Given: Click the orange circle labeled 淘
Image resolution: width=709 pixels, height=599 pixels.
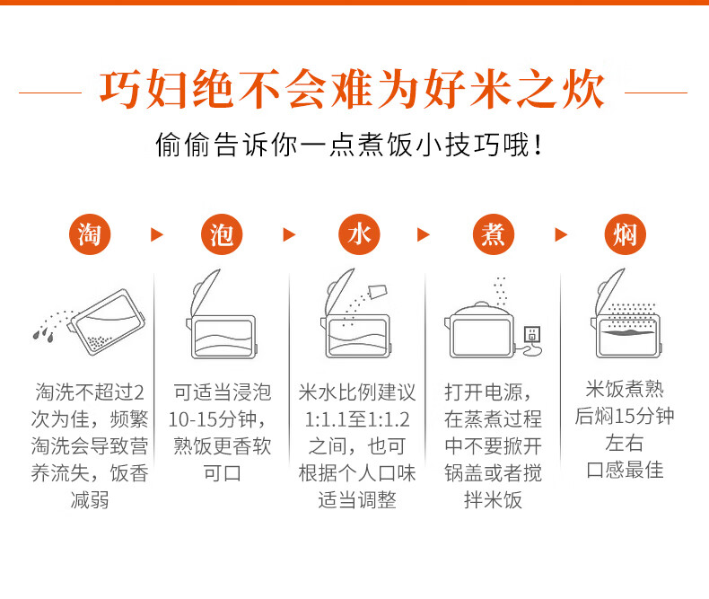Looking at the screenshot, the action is point(90,234).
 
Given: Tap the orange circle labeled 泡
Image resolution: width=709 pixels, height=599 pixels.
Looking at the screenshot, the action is point(222,234).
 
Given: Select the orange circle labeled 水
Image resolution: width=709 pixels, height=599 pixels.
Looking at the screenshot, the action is point(360,234).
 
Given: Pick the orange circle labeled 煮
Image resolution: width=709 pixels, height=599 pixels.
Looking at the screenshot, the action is point(494,234).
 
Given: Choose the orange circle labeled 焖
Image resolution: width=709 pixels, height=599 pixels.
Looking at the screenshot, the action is point(626,234).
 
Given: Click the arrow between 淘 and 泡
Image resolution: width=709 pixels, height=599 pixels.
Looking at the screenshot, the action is point(156,234).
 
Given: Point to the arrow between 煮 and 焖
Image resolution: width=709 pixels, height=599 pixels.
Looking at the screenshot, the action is point(561,234).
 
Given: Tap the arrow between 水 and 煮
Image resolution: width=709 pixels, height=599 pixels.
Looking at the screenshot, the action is point(424,234).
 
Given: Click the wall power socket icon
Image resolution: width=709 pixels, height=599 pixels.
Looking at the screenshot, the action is point(532,334).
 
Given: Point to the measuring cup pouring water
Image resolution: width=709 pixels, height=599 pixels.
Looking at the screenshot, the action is point(378,291).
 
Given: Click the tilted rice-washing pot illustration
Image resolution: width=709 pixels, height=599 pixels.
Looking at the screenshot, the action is point(107,322).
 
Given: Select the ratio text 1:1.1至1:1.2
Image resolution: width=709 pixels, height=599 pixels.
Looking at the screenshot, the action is point(357,419).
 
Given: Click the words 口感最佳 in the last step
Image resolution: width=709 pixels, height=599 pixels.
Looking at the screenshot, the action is point(626,470).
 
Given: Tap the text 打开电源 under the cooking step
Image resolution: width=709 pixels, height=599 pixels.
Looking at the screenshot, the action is point(484,392).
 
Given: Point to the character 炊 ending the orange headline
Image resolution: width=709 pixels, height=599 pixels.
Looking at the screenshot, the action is point(583,89).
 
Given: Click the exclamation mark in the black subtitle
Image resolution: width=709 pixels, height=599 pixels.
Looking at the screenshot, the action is point(538,145).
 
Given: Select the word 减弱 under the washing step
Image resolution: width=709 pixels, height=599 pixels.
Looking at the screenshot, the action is point(90,500).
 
